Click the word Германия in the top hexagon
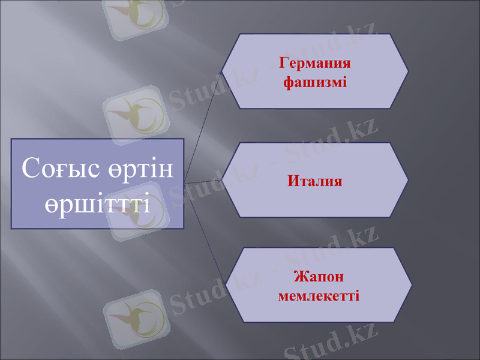coord(315,63)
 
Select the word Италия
coord(315,180)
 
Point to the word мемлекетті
coord(319,295)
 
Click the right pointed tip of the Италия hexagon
coord(408,180)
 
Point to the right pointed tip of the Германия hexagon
coord(408,71)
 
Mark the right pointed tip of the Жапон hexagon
coord(412,286)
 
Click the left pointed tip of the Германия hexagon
coord(223,71)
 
